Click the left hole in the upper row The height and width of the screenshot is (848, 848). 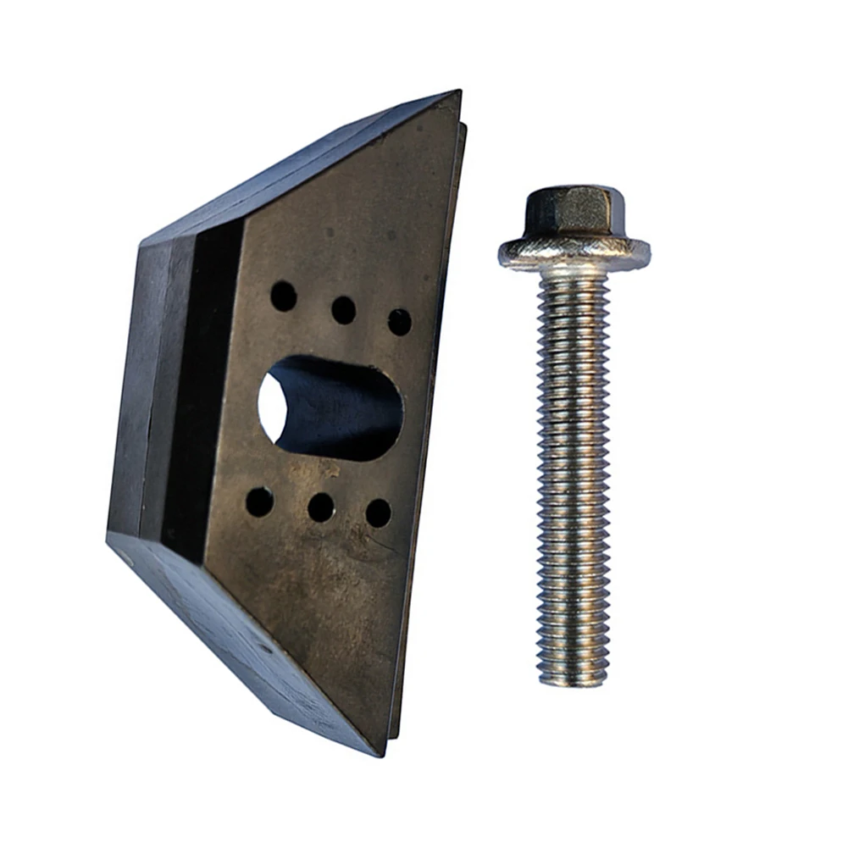pos(283,296)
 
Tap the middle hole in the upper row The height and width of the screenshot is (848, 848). pos(343,310)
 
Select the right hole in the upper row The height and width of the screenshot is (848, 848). pos(399,322)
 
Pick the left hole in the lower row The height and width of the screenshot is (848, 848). pos(259,502)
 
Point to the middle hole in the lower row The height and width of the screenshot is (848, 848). pos(320,507)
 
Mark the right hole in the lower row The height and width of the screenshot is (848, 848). pos(378,513)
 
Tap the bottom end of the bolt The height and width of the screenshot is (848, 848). pos(573,678)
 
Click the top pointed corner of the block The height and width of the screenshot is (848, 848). pos(458,93)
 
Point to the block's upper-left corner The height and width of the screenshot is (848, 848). pos(142,243)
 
